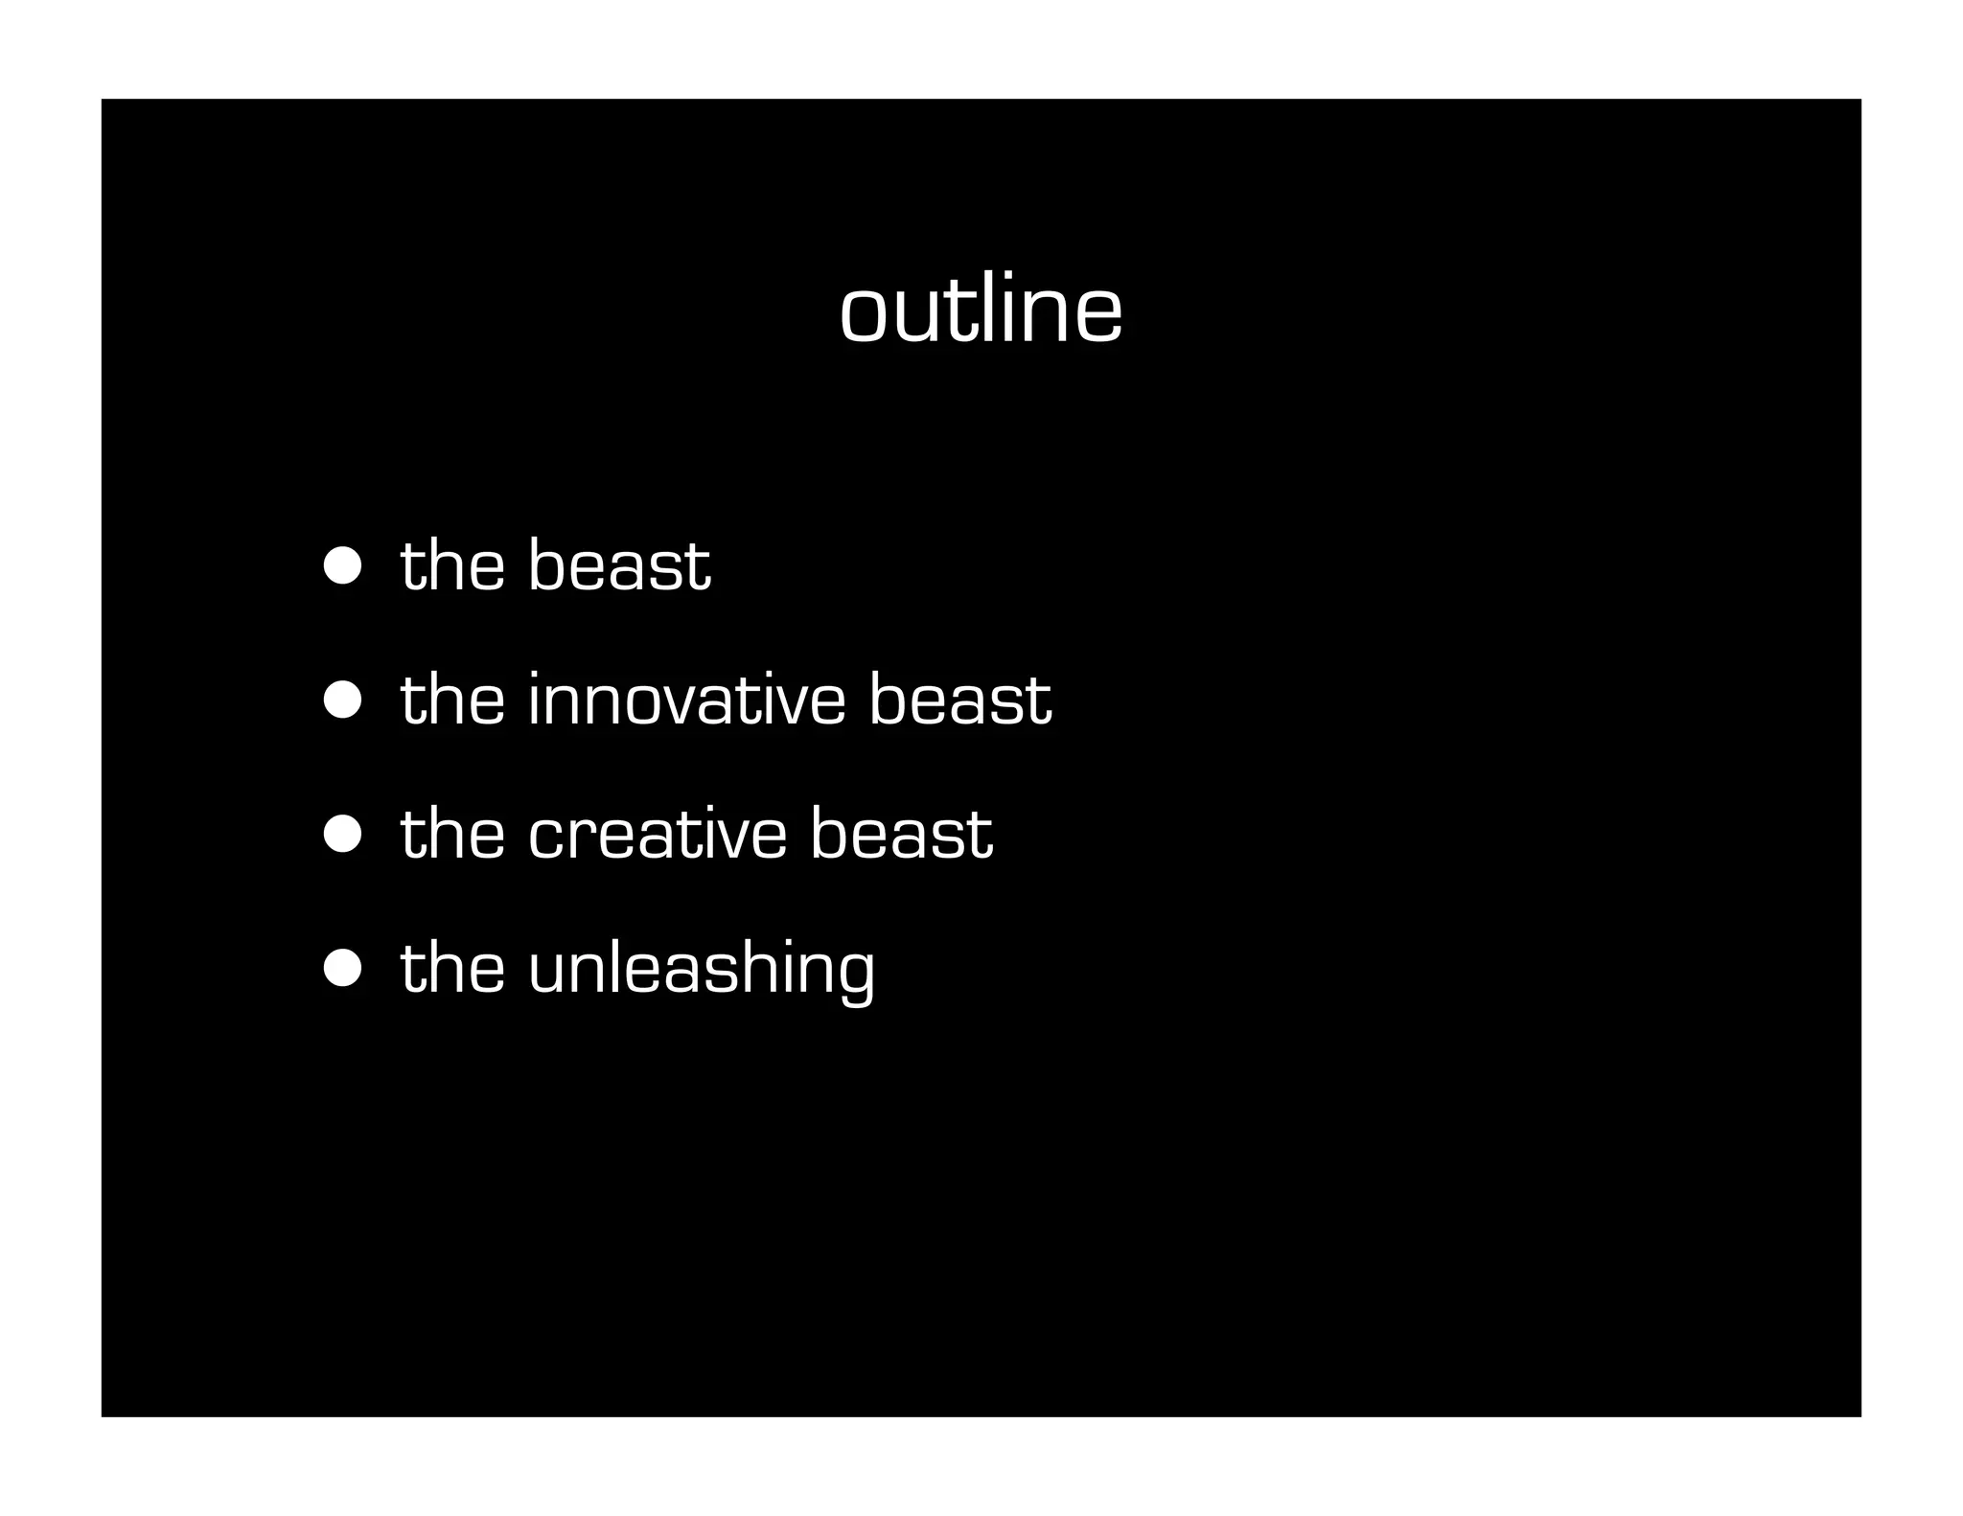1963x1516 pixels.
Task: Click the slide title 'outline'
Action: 981,310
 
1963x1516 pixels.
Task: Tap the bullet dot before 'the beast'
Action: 342,566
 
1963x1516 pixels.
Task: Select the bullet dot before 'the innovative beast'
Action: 342,701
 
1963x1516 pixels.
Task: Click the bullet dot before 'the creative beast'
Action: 342,835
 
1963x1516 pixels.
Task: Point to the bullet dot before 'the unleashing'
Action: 342,969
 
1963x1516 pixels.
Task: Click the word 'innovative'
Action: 686,699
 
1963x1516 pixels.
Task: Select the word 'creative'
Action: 658,833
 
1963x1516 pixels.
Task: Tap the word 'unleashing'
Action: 701,970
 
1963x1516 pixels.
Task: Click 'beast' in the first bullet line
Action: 619,564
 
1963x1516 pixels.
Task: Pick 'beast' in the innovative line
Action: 959,699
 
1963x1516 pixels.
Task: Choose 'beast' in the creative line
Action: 901,833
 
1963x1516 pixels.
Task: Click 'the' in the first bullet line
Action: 451,564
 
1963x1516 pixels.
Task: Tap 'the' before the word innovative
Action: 451,699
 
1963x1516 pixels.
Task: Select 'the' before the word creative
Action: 451,833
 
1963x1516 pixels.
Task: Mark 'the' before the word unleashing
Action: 451,967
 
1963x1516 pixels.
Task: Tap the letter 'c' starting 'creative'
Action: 549,838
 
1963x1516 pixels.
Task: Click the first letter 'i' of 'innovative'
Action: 534,699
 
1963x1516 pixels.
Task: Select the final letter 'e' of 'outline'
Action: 1098,317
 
